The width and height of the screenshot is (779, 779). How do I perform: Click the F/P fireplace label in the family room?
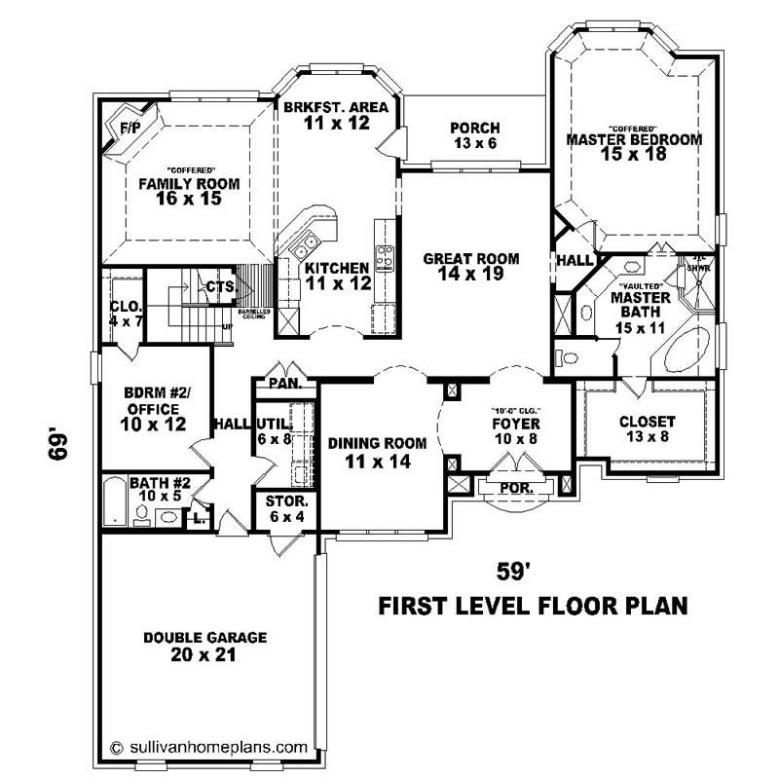[129, 128]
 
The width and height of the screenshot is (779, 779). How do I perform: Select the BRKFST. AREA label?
[336, 107]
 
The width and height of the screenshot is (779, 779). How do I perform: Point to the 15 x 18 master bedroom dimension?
[634, 155]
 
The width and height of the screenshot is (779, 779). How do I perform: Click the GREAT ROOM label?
[471, 259]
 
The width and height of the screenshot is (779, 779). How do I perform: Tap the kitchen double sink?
[309, 242]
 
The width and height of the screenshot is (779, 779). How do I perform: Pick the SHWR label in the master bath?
[698, 267]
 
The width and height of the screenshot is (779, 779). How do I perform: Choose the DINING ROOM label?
[378, 443]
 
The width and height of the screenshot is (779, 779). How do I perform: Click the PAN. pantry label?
[284, 384]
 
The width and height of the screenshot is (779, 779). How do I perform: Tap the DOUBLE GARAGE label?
[191, 638]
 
